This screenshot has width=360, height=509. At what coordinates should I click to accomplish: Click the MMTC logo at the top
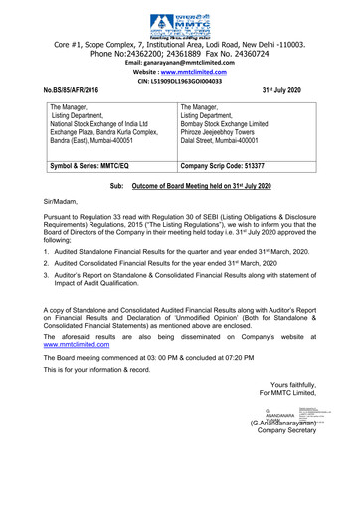click(179, 20)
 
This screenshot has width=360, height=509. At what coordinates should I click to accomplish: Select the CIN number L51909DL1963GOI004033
click(179, 85)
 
